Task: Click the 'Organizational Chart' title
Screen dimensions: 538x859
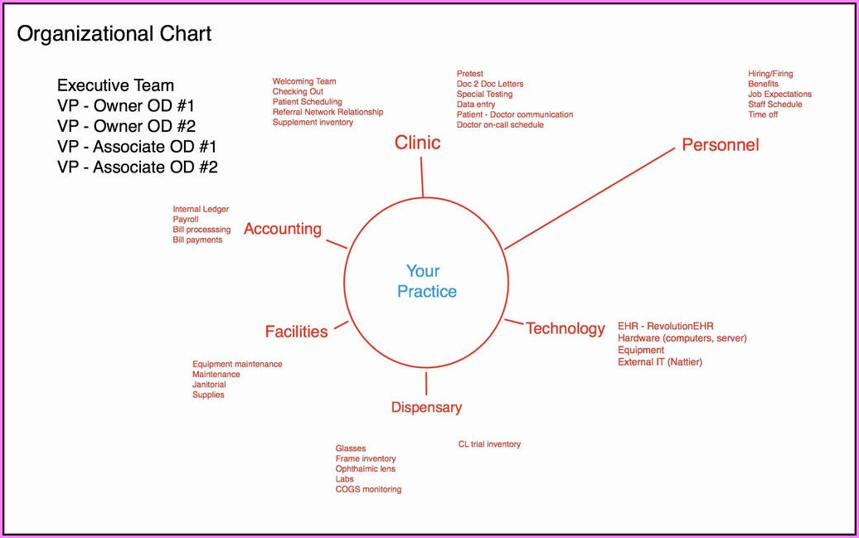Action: [x=114, y=34]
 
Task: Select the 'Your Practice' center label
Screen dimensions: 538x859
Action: [x=426, y=281]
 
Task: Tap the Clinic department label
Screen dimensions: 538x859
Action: [x=417, y=143]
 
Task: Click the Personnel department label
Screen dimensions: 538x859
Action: [x=720, y=145]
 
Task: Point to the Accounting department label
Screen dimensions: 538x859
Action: [x=282, y=230]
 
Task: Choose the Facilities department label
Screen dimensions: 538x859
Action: [x=296, y=332]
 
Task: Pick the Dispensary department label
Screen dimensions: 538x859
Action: [x=426, y=407]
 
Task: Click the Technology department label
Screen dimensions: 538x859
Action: [x=565, y=329]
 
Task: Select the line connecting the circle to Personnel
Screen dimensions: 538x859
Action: [x=590, y=199]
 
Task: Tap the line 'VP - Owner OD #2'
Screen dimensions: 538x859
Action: [x=126, y=126]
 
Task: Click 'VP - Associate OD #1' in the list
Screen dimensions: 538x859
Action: [x=137, y=147]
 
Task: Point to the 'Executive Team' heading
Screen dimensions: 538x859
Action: [x=115, y=85]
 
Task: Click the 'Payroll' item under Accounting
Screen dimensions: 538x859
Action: [x=186, y=220]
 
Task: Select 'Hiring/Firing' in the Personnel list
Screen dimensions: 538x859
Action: [x=770, y=74]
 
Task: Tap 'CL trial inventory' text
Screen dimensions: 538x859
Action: [x=489, y=444]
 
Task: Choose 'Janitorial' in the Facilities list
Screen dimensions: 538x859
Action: [x=208, y=385]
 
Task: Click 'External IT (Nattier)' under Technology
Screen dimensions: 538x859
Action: [x=659, y=362]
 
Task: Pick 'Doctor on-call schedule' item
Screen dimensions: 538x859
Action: [x=500, y=125]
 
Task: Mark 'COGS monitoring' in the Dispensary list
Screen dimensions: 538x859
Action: [x=368, y=490]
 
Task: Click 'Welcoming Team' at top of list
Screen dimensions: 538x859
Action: [x=304, y=81]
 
